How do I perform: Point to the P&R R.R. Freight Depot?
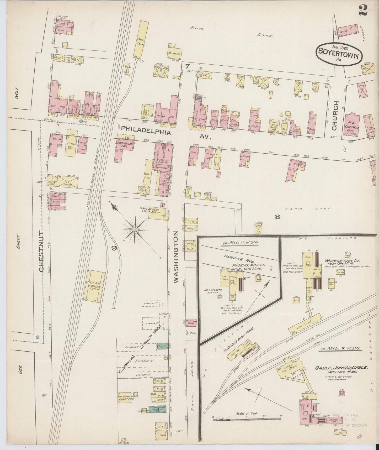[x=94, y=286]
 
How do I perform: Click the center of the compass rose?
[x=135, y=230]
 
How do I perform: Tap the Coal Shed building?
[x=140, y=44]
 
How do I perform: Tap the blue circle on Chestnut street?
[x=38, y=337]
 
